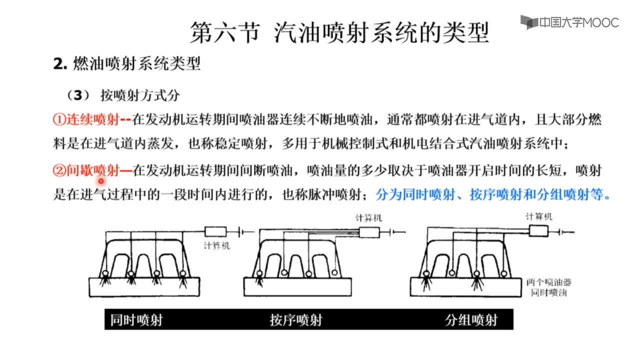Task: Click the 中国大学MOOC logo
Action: point(569,22)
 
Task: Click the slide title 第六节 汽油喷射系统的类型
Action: point(339,32)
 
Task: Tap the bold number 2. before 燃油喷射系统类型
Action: point(60,64)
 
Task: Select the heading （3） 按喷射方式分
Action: point(123,95)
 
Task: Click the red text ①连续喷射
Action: point(86,119)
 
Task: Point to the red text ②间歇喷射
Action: point(86,171)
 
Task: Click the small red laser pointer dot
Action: point(101,181)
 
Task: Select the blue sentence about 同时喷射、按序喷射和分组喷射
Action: point(493,195)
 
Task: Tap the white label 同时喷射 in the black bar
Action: point(136,320)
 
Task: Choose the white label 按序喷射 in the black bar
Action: point(296,320)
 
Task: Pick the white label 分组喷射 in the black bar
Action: point(471,320)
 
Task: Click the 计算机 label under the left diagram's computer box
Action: point(217,245)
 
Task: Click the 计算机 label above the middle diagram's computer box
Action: point(368,218)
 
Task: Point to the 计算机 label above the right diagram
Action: point(539,217)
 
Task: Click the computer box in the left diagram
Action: point(215,231)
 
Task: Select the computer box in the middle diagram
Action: point(369,232)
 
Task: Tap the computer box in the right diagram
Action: point(538,231)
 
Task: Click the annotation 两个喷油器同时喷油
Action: point(549,287)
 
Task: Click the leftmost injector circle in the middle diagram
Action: point(259,273)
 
